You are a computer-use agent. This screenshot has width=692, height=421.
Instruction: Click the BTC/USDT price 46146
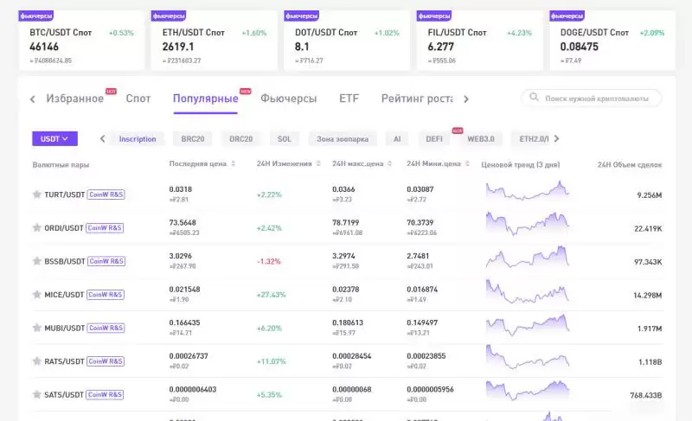tap(44, 47)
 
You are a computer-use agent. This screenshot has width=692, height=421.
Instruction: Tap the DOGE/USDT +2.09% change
tap(651, 33)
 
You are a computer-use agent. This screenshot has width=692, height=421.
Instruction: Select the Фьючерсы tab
tap(288, 99)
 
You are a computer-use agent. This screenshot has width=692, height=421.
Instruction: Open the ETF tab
tap(349, 99)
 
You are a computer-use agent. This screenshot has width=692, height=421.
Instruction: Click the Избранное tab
tap(74, 99)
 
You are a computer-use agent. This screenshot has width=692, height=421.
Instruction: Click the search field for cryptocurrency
tap(596, 99)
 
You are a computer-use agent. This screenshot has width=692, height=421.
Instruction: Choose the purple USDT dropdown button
tap(54, 138)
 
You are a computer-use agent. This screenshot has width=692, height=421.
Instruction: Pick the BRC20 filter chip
tap(193, 138)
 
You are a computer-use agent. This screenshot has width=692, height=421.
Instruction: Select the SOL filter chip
tap(284, 138)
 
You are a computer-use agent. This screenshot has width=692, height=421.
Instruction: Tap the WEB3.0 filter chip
tap(480, 138)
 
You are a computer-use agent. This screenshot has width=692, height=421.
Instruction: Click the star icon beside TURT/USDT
tap(36, 195)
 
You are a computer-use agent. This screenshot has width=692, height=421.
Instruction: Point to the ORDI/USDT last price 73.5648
tap(184, 222)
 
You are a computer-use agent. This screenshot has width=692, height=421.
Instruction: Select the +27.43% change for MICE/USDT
tap(272, 295)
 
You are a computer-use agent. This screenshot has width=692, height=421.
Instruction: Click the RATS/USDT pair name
tap(65, 361)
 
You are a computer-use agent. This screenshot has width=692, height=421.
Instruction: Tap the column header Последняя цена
tap(197, 164)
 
